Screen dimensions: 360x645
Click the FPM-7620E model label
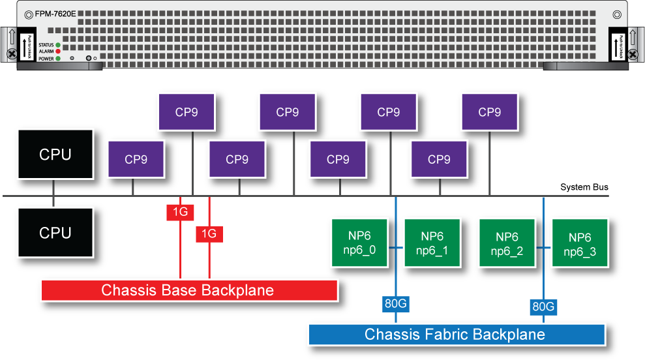56,13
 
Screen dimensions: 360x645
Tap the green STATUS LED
58,44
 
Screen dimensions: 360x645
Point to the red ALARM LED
58,51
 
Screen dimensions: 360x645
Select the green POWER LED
58,58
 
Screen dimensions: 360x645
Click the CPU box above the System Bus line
55,155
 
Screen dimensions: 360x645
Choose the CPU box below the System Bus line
55,233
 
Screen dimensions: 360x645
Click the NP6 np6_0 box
359,243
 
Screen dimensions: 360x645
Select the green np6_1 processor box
432,243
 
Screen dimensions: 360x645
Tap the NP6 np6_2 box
507,243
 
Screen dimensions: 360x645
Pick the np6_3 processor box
580,243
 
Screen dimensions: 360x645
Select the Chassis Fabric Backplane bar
455,335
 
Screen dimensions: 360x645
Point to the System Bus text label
584,188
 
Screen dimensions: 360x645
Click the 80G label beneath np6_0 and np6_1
396,303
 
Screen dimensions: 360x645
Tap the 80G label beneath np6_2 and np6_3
543,307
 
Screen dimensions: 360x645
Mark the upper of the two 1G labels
179,212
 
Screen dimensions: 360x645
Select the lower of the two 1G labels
209,233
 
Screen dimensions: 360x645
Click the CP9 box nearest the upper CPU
136,159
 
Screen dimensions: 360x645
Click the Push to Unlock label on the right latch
618,47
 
